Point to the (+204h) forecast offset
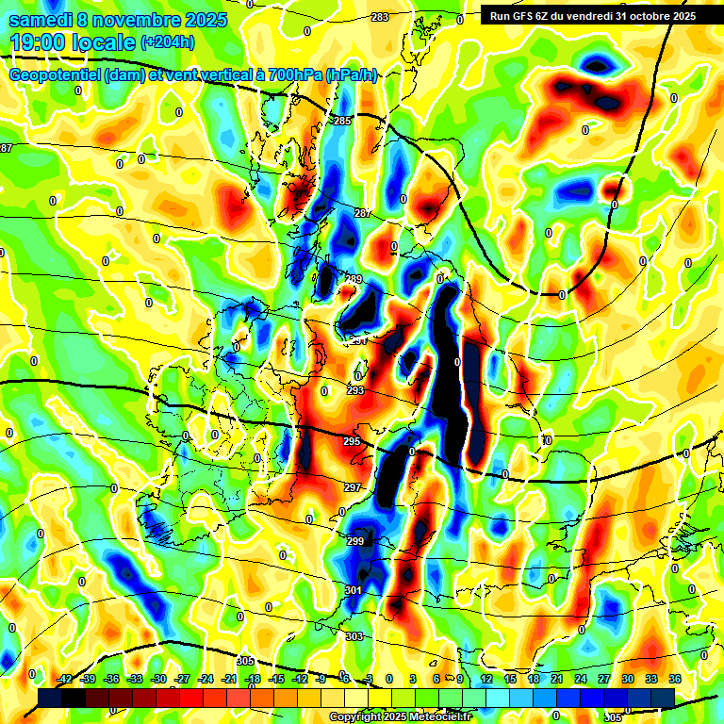click(x=168, y=42)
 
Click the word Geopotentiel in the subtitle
click(x=55, y=75)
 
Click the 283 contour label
click(x=380, y=18)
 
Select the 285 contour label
click(x=342, y=121)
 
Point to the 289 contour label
click(x=354, y=279)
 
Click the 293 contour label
click(x=355, y=390)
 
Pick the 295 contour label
click(x=353, y=441)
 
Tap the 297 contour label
click(x=353, y=487)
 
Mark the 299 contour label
click(x=354, y=541)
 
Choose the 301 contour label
click(x=353, y=590)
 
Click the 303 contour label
click(x=354, y=637)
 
